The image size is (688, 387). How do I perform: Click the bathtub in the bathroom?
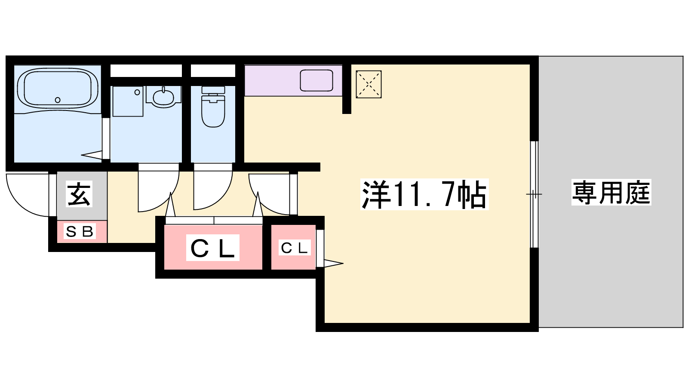(x=58, y=89)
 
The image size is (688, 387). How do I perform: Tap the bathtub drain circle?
(x=58, y=100)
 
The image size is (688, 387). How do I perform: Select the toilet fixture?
(x=213, y=106)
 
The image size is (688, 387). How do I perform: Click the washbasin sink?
(x=163, y=97)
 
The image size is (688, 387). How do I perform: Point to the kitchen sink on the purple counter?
(x=316, y=80)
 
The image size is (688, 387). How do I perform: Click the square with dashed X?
(x=369, y=84)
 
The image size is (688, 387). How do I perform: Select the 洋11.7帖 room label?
(x=424, y=194)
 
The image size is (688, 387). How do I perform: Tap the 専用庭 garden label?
(x=611, y=192)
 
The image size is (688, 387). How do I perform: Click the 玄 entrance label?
(x=79, y=195)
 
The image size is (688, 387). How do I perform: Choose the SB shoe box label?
(x=80, y=231)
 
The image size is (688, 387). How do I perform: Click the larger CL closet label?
(x=212, y=248)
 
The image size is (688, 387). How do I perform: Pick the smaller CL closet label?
(x=294, y=248)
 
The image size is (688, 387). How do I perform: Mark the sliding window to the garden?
(x=534, y=194)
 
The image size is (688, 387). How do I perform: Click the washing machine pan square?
(x=128, y=101)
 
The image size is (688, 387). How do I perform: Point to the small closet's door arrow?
(x=334, y=263)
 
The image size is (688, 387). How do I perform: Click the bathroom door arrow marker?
(x=92, y=155)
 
